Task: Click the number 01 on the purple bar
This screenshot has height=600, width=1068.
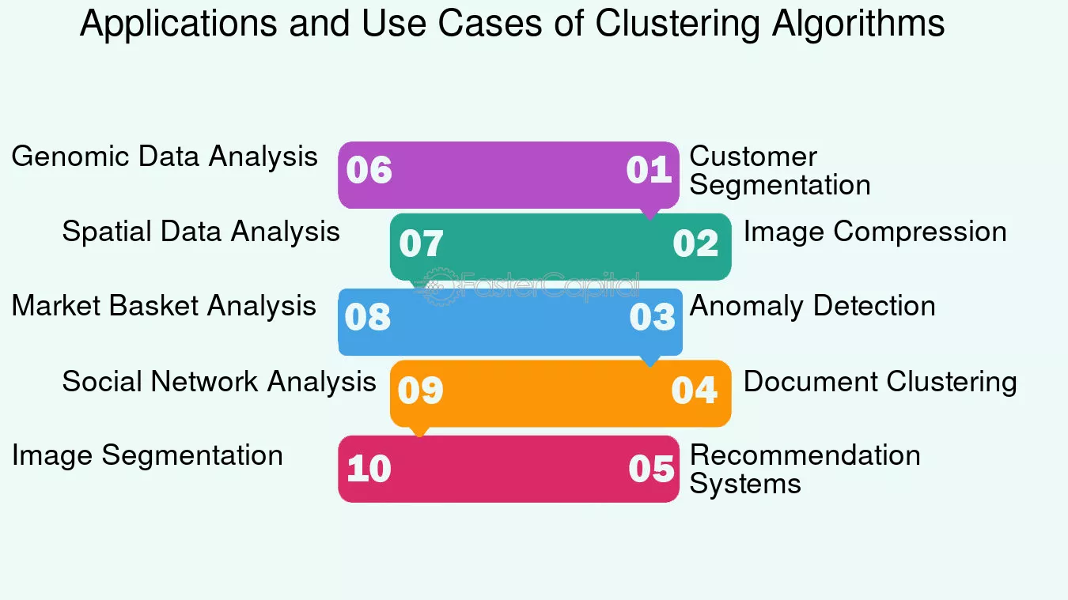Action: (649, 170)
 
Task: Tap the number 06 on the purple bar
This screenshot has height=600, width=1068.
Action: (369, 170)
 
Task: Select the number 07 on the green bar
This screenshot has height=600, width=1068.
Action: (421, 243)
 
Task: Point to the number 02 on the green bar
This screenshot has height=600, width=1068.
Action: (695, 243)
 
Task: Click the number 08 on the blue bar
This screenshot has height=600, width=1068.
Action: (368, 317)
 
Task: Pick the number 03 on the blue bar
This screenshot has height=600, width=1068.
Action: (652, 317)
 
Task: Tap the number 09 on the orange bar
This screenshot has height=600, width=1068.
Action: (421, 391)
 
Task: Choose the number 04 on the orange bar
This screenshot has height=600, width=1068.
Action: (695, 391)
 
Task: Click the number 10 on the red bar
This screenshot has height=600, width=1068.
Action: (369, 469)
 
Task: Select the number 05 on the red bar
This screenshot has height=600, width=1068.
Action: (651, 469)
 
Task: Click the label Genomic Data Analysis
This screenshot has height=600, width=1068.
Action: (165, 157)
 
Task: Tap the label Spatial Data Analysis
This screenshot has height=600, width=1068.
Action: (201, 232)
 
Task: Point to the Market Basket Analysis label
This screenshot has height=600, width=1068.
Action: (164, 306)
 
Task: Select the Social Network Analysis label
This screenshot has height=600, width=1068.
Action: (219, 382)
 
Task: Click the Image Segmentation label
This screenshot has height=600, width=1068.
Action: (147, 455)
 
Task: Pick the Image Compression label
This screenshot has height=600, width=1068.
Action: (876, 232)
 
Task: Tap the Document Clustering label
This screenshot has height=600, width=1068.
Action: (881, 382)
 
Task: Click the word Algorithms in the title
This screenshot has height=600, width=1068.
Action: (858, 24)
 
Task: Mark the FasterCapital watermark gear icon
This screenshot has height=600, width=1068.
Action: (439, 286)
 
